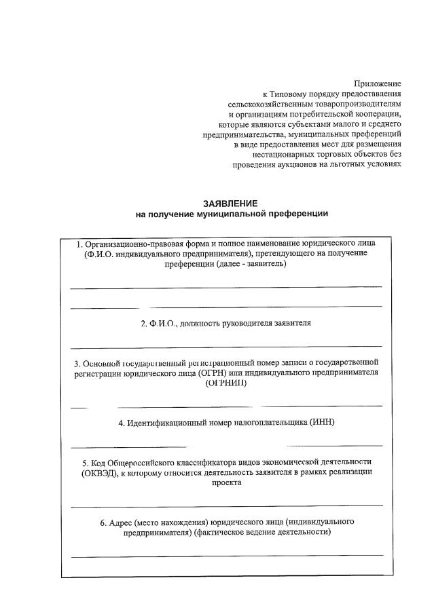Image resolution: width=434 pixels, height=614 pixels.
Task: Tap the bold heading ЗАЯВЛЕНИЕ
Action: (x=231, y=203)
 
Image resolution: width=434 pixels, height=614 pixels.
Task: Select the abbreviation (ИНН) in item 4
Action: (x=322, y=423)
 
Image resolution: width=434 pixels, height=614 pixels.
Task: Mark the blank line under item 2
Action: (x=226, y=347)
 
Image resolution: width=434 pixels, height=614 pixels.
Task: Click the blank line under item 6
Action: (x=226, y=556)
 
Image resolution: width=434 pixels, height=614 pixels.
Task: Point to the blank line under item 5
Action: (x=226, y=506)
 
